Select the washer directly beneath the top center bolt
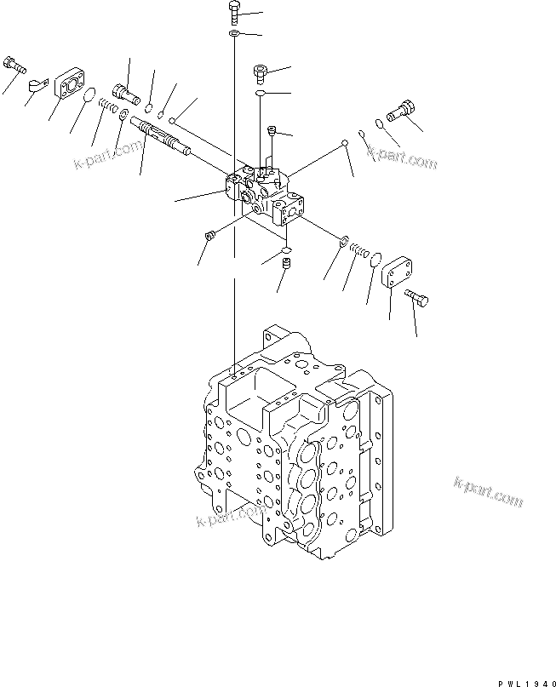tap(233, 33)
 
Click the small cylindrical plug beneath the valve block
tap(287, 266)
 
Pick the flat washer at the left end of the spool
tap(124, 114)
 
